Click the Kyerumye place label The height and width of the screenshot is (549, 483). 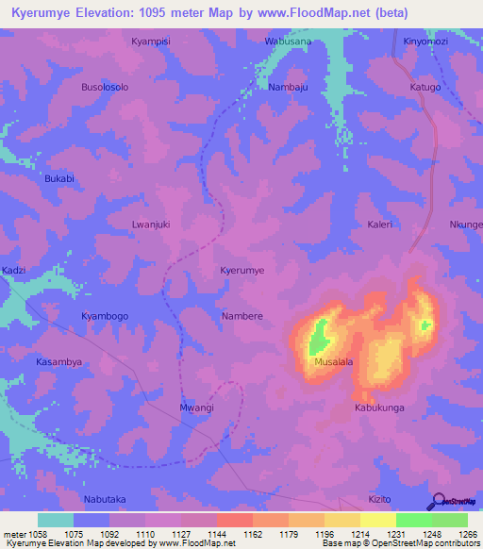pyautogui.click(x=241, y=270)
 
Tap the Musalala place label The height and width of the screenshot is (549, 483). pyautogui.click(x=333, y=361)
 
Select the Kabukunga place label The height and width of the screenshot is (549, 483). pyautogui.click(x=379, y=408)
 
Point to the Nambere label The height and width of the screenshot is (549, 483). pyautogui.click(x=241, y=316)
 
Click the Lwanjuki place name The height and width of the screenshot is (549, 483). pyautogui.click(x=150, y=225)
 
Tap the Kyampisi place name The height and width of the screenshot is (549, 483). pyautogui.click(x=150, y=42)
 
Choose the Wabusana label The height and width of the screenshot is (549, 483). pyautogui.click(x=288, y=42)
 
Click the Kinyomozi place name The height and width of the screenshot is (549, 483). pyautogui.click(x=425, y=42)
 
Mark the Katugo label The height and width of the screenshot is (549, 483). pyautogui.click(x=425, y=87)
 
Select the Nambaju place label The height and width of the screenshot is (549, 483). pyautogui.click(x=288, y=87)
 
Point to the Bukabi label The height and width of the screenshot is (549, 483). pyautogui.click(x=58, y=178)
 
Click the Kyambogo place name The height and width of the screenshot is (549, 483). pyautogui.click(x=104, y=316)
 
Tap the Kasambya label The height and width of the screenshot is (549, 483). pyautogui.click(x=58, y=361)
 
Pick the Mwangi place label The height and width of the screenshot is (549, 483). pyautogui.click(x=196, y=408)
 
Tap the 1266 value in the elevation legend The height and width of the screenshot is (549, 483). pyautogui.click(x=466, y=535)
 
